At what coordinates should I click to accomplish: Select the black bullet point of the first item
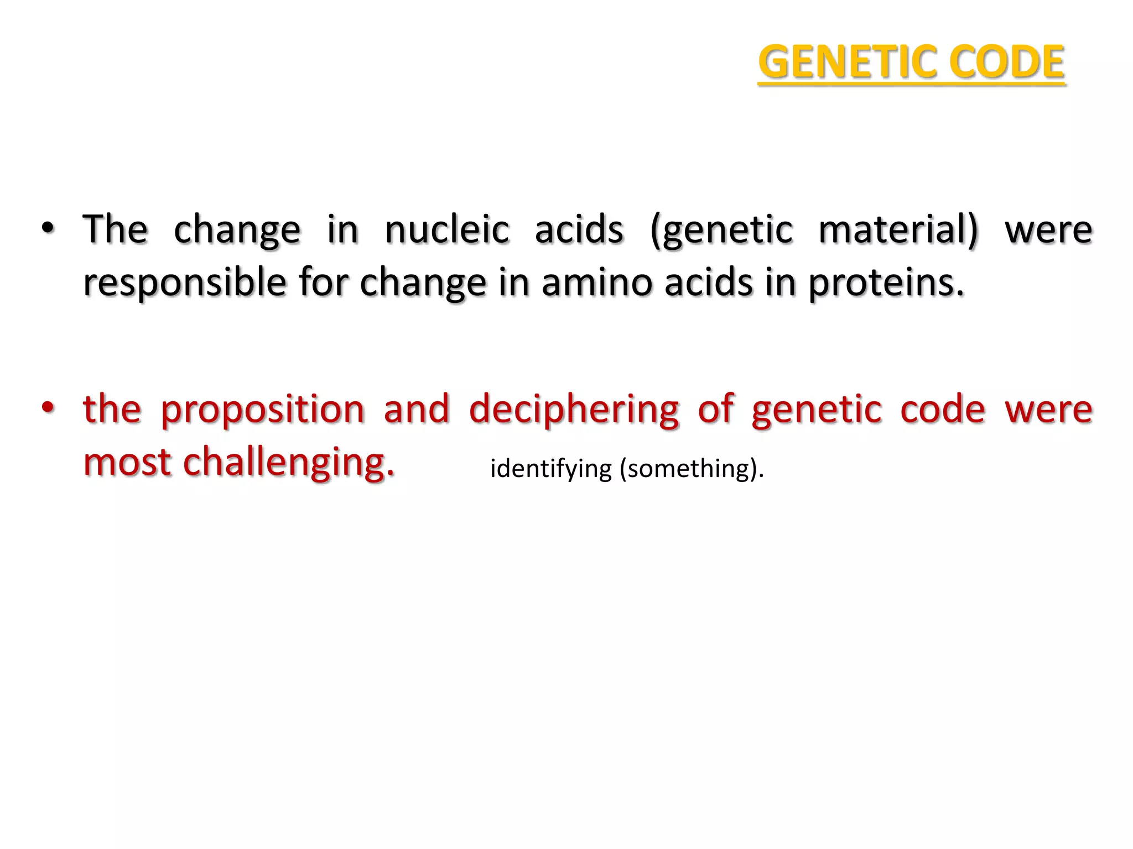click(48, 228)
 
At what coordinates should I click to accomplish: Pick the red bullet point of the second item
click(48, 408)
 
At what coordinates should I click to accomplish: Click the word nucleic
click(446, 229)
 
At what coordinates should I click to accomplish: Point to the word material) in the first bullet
click(898, 229)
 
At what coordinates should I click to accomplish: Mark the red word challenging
click(288, 463)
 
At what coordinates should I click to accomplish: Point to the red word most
click(127, 463)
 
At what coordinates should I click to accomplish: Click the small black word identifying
click(550, 469)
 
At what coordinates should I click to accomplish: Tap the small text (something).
click(692, 469)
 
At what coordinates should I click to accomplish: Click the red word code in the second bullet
click(943, 410)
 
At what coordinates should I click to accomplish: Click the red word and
click(416, 410)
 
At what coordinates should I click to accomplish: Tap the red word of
click(716, 408)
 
